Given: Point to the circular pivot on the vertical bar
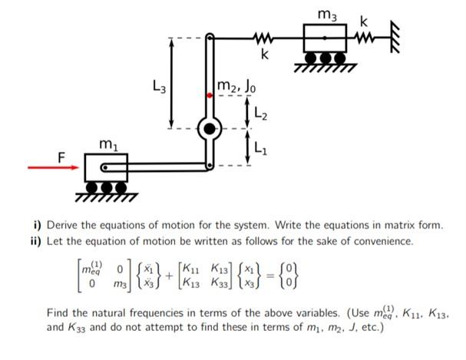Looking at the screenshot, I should coord(209,128).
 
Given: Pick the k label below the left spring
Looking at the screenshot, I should coord(264,54).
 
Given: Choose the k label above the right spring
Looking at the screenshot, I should coord(373,18).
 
